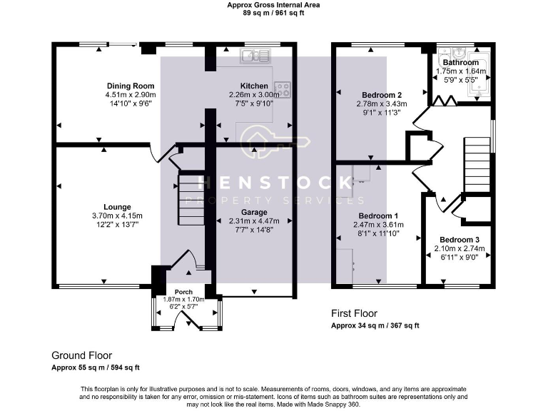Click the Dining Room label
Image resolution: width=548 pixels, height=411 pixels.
point(131,86)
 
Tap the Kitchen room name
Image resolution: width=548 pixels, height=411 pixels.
point(254,86)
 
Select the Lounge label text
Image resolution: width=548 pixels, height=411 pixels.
point(117,207)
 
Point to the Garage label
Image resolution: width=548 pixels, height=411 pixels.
point(254,213)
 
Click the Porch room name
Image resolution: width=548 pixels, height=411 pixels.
point(183,292)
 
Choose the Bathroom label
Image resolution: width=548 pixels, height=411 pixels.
point(461,63)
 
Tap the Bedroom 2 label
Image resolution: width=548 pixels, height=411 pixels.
point(382,95)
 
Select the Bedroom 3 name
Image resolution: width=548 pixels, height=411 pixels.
point(460,240)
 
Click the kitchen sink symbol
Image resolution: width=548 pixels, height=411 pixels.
point(255,56)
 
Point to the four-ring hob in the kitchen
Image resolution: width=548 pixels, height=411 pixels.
point(283,89)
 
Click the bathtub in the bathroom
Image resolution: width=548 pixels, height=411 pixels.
point(478,75)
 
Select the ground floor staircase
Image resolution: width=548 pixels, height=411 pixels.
point(191,200)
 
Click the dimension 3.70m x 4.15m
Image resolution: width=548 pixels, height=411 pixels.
point(117,216)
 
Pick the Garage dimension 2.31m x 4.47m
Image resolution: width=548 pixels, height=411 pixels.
point(254,221)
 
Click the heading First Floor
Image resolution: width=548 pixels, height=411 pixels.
point(354,313)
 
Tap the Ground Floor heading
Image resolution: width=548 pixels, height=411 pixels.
point(82,356)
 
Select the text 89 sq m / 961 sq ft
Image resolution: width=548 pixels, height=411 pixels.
point(273,14)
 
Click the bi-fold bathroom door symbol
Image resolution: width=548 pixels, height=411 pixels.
point(445,101)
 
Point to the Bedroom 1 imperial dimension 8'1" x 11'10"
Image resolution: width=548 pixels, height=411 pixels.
point(378,233)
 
